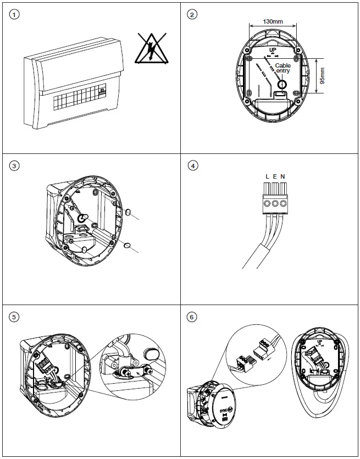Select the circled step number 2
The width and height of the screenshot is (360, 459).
tap(191, 14)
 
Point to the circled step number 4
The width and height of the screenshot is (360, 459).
tap(191, 166)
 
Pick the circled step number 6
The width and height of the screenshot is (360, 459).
tap(191, 317)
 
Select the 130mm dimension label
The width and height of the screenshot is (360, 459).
tap(273, 21)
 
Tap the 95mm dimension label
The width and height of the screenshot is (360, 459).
tap(323, 76)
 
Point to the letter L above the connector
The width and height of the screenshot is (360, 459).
tap(267, 176)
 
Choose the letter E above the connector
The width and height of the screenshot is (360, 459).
tap(275, 176)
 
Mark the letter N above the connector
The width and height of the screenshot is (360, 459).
tap(283, 176)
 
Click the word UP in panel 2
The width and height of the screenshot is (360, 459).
tap(273, 49)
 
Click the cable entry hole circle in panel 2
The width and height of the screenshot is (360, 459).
tap(283, 85)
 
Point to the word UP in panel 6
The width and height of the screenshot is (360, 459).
tap(320, 341)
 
